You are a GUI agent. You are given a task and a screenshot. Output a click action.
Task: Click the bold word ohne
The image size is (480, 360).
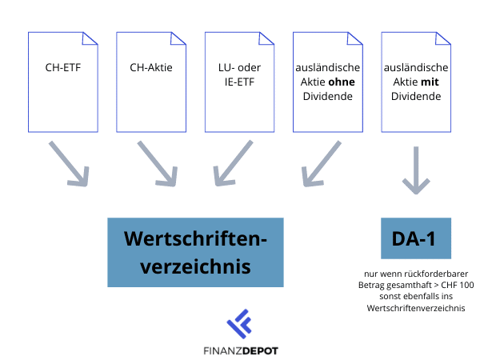click(x=342, y=82)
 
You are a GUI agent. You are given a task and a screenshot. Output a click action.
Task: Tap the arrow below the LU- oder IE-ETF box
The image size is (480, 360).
click(x=234, y=165)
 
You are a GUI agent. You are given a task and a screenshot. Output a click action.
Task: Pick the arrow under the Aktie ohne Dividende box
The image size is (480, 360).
click(x=322, y=165)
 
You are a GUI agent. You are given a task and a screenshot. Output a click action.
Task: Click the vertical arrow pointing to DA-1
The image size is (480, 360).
click(x=415, y=170)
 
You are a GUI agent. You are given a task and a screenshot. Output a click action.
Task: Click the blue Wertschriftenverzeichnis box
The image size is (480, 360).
click(x=195, y=251)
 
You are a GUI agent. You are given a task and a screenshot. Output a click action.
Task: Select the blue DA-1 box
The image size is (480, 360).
click(x=414, y=238)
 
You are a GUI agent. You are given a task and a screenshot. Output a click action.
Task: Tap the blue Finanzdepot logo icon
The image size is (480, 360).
click(x=239, y=324)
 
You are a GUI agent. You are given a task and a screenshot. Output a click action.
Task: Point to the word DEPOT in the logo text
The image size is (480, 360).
click(x=261, y=350)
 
